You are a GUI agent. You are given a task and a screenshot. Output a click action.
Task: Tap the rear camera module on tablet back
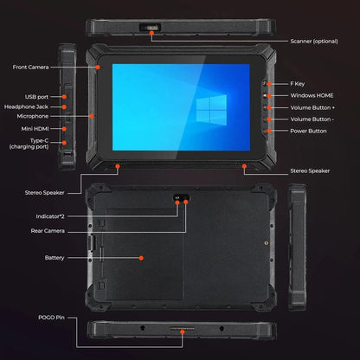[x=178, y=197]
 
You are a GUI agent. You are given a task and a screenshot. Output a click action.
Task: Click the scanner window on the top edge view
[x=153, y=28]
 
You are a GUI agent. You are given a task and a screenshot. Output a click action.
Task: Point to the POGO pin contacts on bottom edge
[x=181, y=329]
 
